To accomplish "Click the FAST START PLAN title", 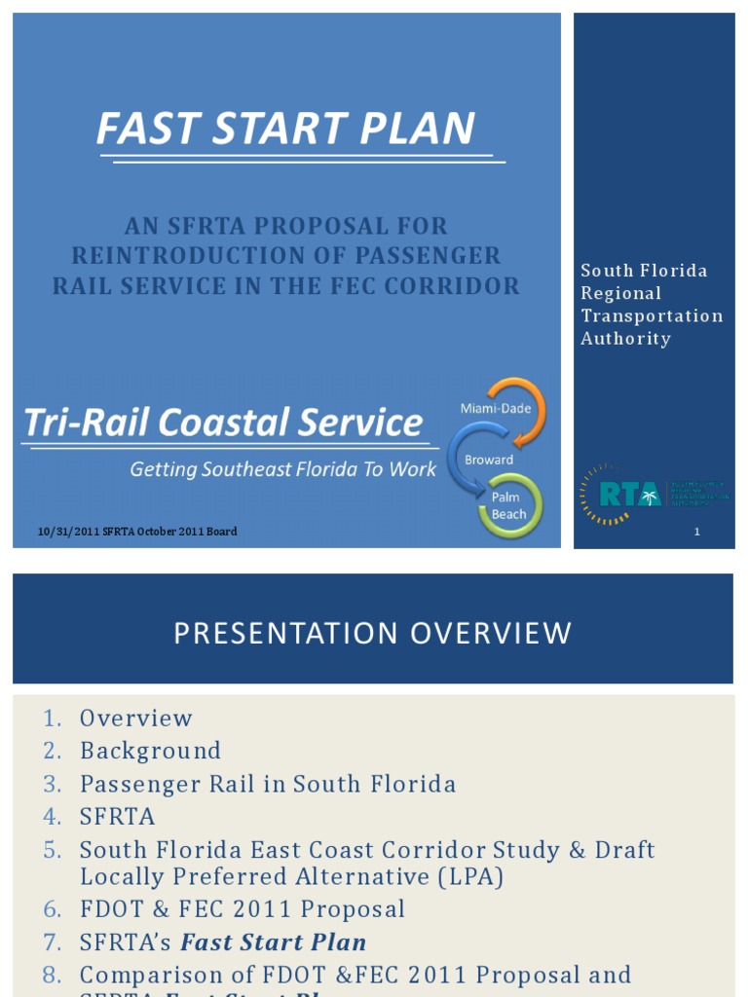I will click(285, 129).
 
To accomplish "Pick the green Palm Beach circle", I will click(509, 505).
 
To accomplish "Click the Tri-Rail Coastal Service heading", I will click(223, 424).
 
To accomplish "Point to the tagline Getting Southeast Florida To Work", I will click(283, 469).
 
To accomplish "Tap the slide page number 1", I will click(697, 532).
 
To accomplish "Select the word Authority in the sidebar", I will click(625, 339).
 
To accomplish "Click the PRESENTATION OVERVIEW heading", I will click(372, 633).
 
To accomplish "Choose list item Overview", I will click(136, 719).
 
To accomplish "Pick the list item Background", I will click(150, 751).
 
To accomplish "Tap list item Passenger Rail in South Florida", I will click(268, 784).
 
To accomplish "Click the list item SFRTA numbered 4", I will click(117, 817).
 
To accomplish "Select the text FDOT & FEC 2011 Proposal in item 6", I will click(242, 909).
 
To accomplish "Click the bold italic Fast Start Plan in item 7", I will click(274, 942).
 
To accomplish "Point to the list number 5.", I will click(53, 850).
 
